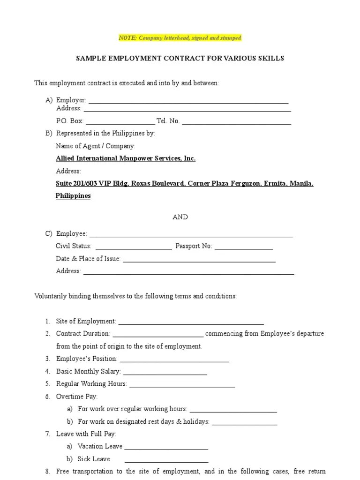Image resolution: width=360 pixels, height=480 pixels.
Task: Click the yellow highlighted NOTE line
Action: tap(180, 37)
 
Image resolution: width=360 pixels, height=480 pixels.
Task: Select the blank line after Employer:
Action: tap(188, 101)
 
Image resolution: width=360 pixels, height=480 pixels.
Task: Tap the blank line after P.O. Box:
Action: tap(120, 121)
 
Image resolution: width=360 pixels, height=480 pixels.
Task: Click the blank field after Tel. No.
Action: tap(236, 121)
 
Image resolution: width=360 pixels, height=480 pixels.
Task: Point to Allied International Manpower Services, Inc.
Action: tap(126, 158)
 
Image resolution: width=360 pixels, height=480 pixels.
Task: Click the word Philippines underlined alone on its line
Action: tap(73, 196)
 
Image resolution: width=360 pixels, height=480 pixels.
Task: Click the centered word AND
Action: tap(180, 217)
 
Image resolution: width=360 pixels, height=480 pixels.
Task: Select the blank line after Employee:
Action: tap(191, 234)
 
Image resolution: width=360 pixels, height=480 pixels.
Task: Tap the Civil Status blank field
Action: tap(134, 247)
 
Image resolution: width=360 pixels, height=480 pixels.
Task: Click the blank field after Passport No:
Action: tap(243, 247)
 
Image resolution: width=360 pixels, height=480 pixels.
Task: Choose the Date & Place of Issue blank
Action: tap(199, 259)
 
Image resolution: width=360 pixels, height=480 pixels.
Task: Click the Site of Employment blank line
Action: tap(191, 322)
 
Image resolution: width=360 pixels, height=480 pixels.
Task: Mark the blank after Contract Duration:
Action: tap(158, 334)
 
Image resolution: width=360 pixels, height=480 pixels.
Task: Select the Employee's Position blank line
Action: tap(174, 360)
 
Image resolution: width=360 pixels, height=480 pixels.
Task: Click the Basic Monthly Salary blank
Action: tap(165, 372)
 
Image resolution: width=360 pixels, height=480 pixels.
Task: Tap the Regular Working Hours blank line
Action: tap(182, 384)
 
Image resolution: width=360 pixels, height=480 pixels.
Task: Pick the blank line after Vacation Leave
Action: tap(166, 447)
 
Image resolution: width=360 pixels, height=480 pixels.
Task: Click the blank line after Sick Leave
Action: tap(166, 459)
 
